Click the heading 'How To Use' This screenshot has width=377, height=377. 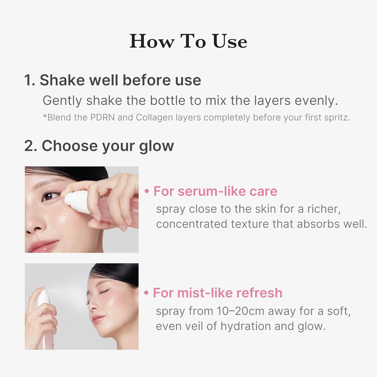pyautogui.click(x=188, y=41)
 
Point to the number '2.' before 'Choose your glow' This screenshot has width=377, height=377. pyautogui.click(x=31, y=146)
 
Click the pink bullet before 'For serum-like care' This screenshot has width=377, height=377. pyautogui.click(x=147, y=191)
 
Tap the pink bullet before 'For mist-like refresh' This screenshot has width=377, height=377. pyautogui.click(x=146, y=293)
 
